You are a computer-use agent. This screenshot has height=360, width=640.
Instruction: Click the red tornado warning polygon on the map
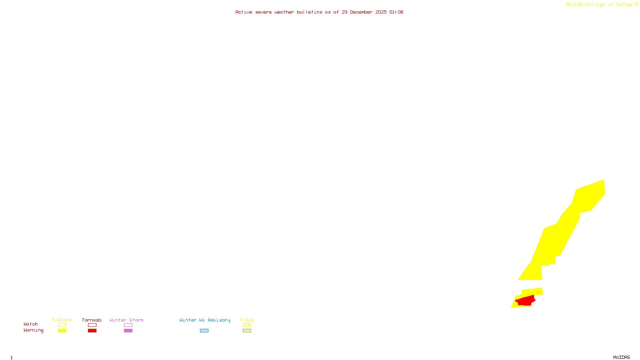(x=525, y=300)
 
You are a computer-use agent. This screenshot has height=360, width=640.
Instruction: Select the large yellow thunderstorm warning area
(x=560, y=236)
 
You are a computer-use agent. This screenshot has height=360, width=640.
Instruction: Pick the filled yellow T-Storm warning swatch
(x=62, y=330)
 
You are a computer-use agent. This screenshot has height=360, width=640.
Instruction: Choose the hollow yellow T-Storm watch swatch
(x=62, y=325)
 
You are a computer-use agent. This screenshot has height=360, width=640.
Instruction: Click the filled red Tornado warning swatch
(x=92, y=330)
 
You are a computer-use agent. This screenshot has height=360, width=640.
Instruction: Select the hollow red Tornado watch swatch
(x=92, y=325)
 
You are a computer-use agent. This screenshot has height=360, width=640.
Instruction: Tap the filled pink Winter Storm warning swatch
(x=128, y=330)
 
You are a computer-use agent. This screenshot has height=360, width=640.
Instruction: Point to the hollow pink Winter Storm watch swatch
(x=128, y=325)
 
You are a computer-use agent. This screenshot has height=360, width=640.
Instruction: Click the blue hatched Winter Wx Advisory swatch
(x=204, y=330)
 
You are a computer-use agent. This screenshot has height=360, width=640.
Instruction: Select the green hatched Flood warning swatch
(x=247, y=330)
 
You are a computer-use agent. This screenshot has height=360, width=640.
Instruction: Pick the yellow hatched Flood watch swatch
(x=247, y=325)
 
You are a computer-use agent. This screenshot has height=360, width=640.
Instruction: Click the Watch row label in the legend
(x=31, y=324)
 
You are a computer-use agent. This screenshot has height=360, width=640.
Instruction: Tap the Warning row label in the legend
(x=33, y=330)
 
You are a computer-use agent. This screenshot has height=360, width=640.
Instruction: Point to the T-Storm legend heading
(x=62, y=320)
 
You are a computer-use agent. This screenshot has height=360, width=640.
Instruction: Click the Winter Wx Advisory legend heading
(x=205, y=320)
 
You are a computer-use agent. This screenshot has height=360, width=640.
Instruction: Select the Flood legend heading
(x=247, y=320)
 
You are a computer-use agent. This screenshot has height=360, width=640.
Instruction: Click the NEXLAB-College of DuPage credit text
(x=600, y=4)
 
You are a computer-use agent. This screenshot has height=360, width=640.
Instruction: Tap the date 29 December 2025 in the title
(x=364, y=12)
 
